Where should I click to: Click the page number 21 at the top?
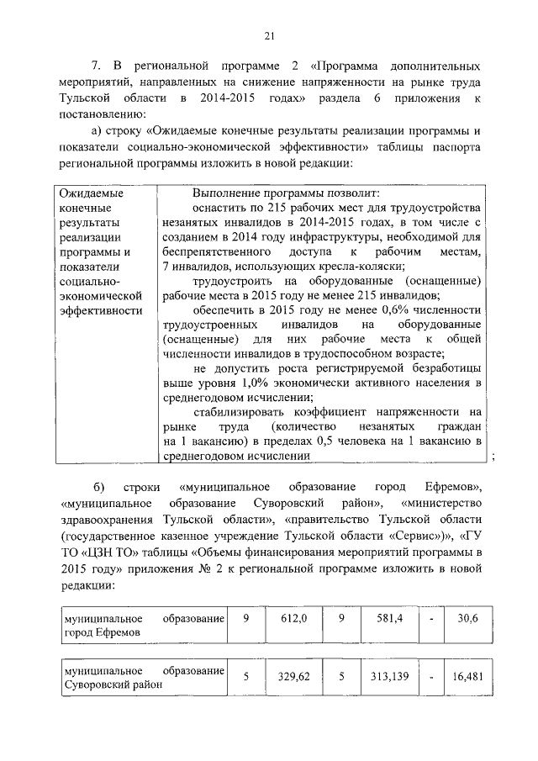coord(269,35)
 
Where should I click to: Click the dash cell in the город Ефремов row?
coord(431,619)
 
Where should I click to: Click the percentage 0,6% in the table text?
coord(342,309)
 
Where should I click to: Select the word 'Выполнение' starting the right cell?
coord(226,192)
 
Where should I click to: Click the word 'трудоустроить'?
coord(230,281)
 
